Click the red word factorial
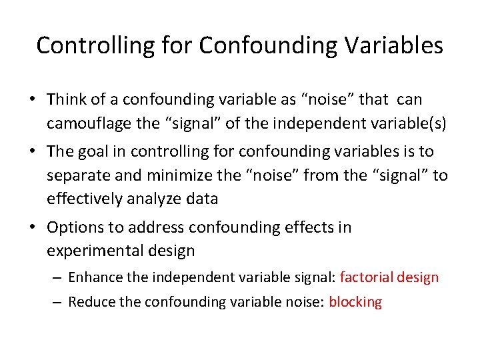(x=368, y=277)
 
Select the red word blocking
(x=355, y=302)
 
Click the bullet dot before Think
(x=33, y=100)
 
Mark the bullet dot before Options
(x=33, y=228)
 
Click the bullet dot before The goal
(x=33, y=152)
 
